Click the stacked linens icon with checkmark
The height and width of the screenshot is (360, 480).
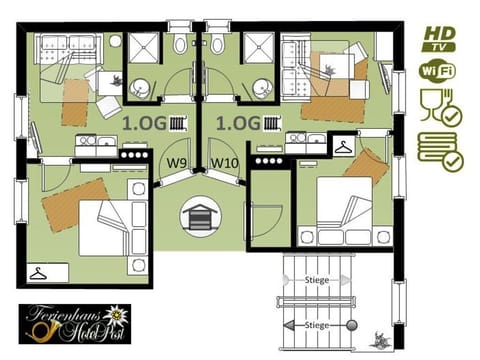tap(438, 150)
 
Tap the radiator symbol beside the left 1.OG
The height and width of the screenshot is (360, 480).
tap(177, 124)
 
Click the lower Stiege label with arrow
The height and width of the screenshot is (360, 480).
tap(317, 325)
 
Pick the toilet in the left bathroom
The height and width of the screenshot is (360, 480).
tap(179, 44)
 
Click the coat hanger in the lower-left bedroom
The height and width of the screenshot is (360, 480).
tap(41, 272)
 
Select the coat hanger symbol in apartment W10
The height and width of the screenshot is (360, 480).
tap(345, 146)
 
